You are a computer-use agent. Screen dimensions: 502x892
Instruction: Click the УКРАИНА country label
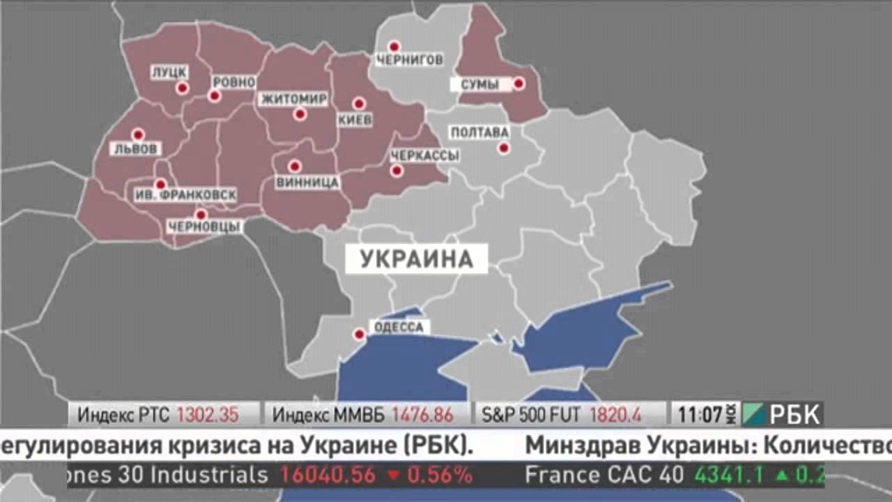click(x=417, y=259)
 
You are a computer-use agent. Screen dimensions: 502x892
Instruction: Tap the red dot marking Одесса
click(x=359, y=334)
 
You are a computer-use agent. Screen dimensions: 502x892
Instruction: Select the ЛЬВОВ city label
click(x=136, y=149)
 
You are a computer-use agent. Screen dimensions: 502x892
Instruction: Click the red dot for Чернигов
click(x=394, y=46)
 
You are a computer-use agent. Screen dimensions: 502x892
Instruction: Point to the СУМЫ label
click(x=480, y=84)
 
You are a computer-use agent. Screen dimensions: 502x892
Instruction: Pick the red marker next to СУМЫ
click(x=518, y=84)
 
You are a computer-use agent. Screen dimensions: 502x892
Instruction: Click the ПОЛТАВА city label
click(x=479, y=132)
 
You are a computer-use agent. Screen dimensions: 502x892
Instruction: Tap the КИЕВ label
click(x=355, y=120)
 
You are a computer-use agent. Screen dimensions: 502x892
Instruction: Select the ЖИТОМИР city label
click(x=293, y=99)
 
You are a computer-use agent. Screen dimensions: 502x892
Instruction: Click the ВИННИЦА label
click(x=307, y=183)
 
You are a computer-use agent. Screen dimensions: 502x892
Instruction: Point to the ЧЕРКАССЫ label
click(x=424, y=155)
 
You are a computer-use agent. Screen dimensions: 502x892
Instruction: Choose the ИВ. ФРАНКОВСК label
click(x=185, y=195)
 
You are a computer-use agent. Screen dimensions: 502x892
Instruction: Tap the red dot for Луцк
click(x=182, y=88)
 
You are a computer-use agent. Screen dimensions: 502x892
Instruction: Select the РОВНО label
click(x=233, y=82)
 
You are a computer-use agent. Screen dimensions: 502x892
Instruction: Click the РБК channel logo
click(x=783, y=415)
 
